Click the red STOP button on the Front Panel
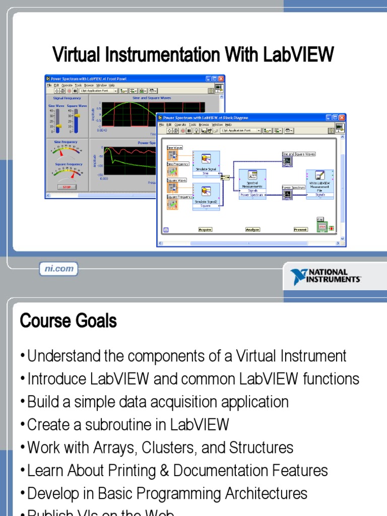click(x=67, y=186)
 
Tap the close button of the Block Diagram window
click(x=342, y=117)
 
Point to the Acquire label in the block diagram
click(x=205, y=229)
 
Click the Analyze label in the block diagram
click(x=252, y=229)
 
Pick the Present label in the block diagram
click(x=300, y=229)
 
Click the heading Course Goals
click(x=68, y=320)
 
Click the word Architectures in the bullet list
click(x=257, y=493)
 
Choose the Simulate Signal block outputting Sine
click(x=206, y=164)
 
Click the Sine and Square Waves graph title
click(x=147, y=98)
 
